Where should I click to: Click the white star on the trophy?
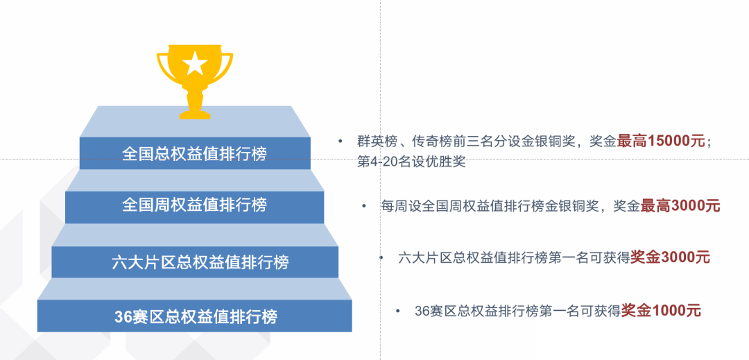pyautogui.click(x=195, y=64)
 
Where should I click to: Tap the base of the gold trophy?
pyautogui.click(x=195, y=115)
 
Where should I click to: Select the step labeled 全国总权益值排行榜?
pyautogui.click(x=194, y=154)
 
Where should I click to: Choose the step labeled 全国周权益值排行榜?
pyautogui.click(x=194, y=205)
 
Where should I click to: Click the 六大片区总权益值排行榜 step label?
pyautogui.click(x=200, y=262)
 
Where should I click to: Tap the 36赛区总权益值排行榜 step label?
pyautogui.click(x=196, y=316)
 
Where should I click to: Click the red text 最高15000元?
pyautogui.click(x=661, y=141)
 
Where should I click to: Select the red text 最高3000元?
pyautogui.click(x=680, y=206)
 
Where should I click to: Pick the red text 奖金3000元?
pyautogui.click(x=670, y=257)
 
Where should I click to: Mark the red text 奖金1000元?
pyautogui.click(x=661, y=311)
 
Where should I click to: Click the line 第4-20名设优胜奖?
pyautogui.click(x=411, y=162)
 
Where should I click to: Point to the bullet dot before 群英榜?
pyautogui.click(x=340, y=142)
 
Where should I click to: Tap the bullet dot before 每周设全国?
pyautogui.click(x=364, y=206)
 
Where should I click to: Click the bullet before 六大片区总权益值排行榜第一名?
pyautogui.click(x=381, y=258)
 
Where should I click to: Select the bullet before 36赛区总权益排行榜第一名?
pyautogui.click(x=398, y=311)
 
